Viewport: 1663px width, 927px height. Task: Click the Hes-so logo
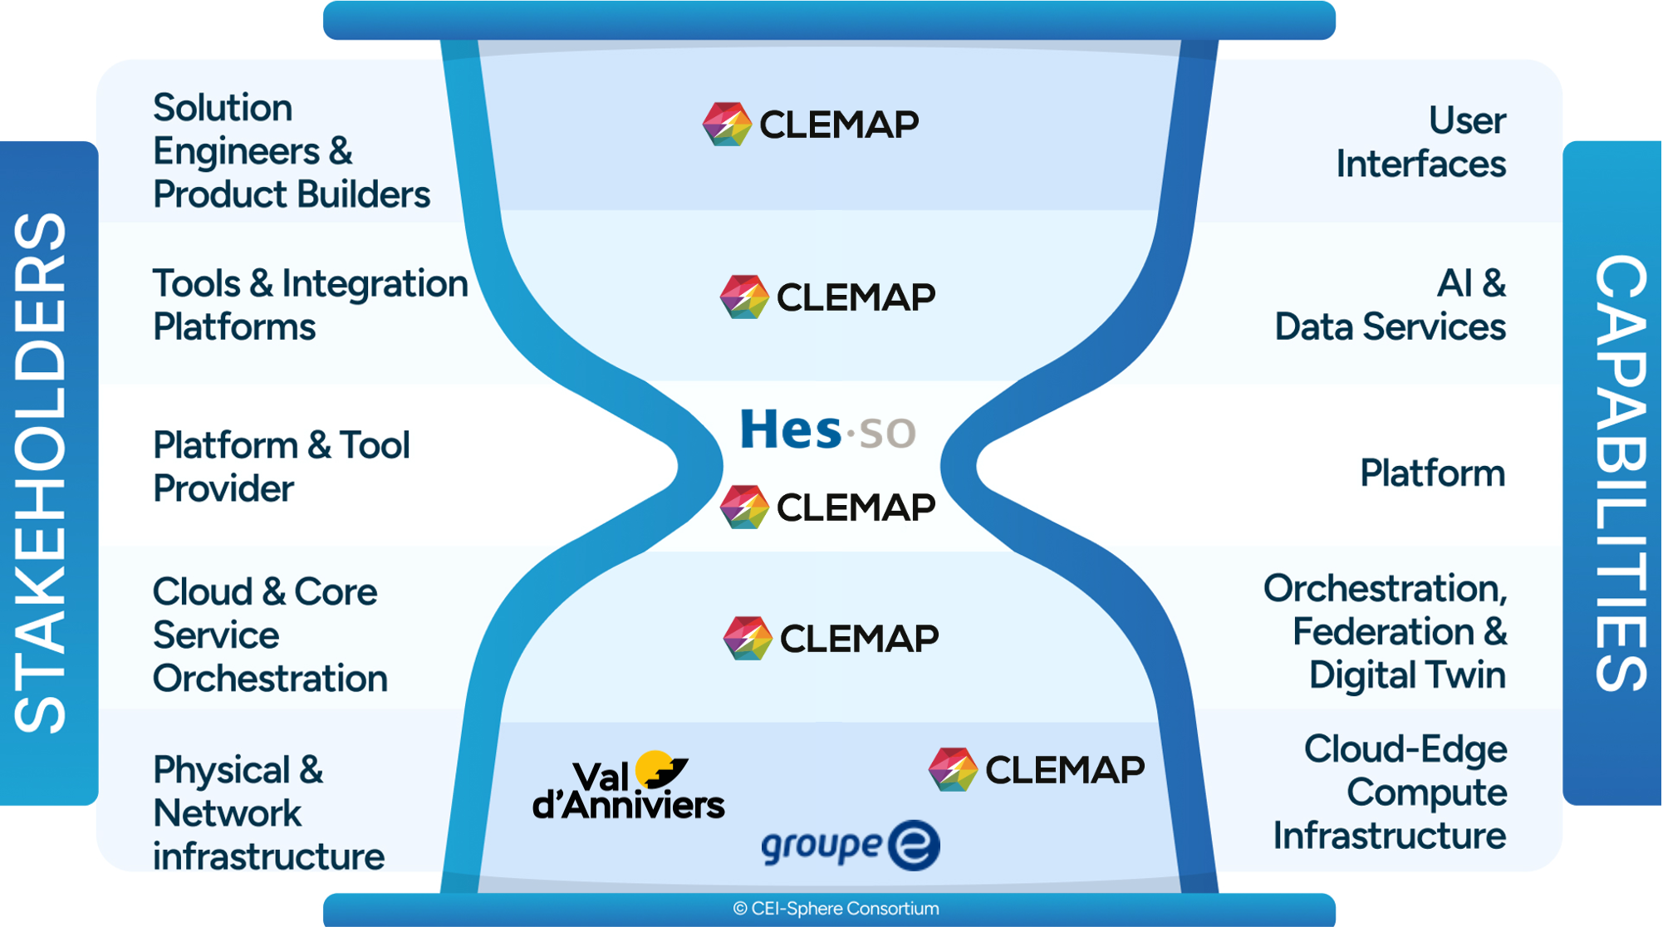coord(827,430)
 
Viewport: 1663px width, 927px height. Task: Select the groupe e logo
coord(850,845)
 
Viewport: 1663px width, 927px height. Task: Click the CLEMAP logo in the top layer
coord(810,125)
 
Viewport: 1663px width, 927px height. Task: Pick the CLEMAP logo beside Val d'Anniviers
coord(1036,769)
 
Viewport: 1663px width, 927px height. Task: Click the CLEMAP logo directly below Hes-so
coord(827,507)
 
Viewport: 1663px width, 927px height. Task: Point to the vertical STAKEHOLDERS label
coord(42,473)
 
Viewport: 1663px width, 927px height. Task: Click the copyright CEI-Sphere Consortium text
coord(835,909)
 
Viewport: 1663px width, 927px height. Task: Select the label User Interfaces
coord(1420,142)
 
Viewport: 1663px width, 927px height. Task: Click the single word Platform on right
coord(1432,473)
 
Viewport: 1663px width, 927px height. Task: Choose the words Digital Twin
coord(1407,674)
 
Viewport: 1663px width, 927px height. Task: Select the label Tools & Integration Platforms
coord(309,305)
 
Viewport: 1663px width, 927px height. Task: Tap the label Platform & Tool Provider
coord(281,467)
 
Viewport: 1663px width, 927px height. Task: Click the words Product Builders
coord(291,194)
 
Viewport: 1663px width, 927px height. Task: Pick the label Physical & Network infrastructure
coord(267,812)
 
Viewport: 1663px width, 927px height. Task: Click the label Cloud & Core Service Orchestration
coord(269,635)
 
